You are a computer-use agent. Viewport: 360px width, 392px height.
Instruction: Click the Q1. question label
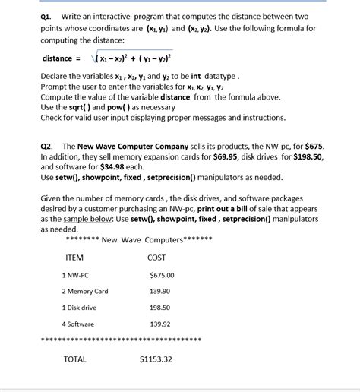49,17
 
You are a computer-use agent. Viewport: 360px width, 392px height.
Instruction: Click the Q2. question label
49,145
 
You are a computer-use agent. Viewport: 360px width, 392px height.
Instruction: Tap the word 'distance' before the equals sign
58,58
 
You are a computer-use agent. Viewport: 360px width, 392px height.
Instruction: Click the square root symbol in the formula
93,58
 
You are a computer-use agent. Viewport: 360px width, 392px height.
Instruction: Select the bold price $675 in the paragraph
312,145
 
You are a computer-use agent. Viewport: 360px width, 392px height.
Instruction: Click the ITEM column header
74,258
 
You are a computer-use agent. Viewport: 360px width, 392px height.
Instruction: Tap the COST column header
156,258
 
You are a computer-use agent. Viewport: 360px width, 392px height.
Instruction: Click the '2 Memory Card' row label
85,291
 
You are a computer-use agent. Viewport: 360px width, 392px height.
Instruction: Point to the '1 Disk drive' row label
79,308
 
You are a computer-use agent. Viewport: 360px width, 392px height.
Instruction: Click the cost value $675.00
162,275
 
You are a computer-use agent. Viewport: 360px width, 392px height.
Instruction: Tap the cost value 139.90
160,291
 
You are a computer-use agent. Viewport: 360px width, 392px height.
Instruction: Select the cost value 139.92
160,324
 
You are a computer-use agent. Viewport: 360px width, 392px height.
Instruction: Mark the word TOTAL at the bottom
75,359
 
